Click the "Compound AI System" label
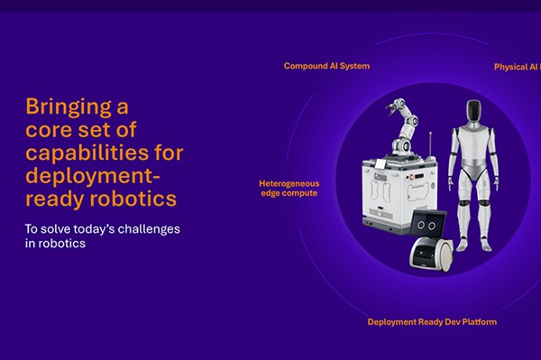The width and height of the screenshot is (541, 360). (x=326, y=66)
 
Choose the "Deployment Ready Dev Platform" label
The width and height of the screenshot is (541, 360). (x=432, y=322)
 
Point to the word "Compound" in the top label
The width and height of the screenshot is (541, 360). (x=303, y=66)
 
